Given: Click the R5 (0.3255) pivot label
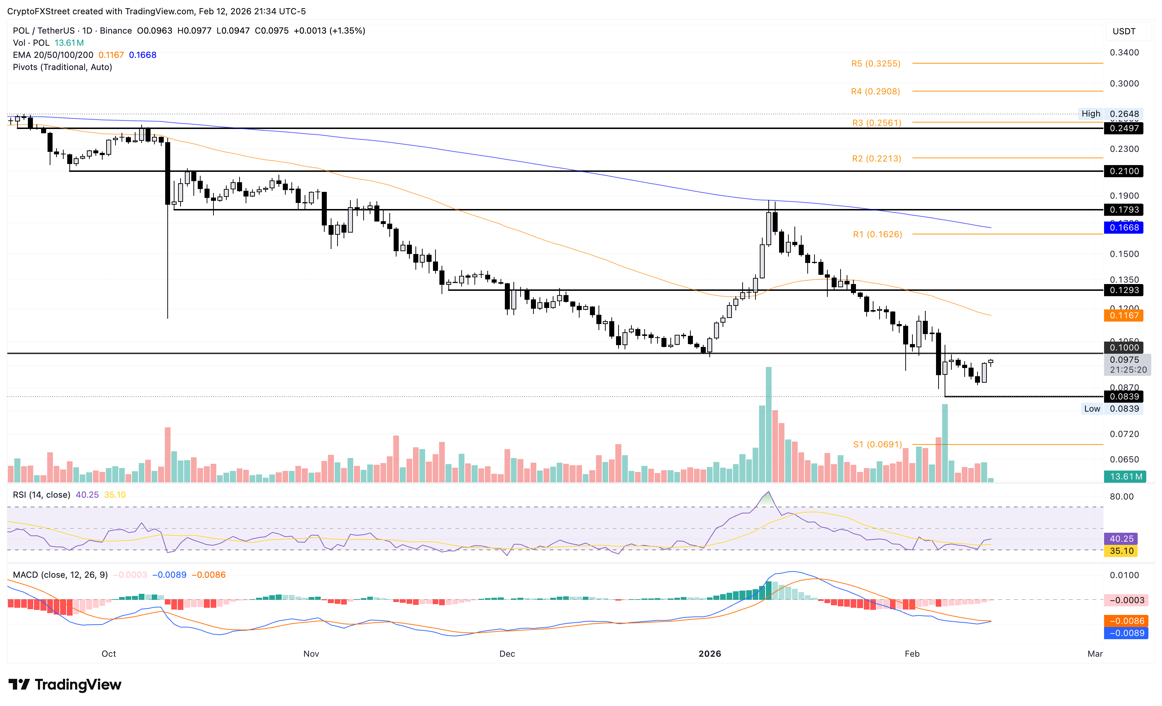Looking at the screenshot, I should coord(875,64).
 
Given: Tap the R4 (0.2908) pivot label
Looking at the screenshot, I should coord(875,91).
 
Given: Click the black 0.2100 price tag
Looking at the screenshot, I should coord(1123,171).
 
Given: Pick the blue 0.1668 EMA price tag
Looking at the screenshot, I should coord(1123,228).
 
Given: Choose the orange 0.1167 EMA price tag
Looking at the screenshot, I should coord(1123,315).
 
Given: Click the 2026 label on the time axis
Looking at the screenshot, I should coord(709,654).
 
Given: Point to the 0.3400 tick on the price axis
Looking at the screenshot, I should coord(1124,52).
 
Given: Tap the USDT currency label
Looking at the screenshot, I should coord(1124,31).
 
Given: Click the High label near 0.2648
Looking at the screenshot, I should coord(1090,114).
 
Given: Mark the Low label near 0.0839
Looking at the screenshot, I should coord(1092,409).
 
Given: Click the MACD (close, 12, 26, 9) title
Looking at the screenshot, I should coord(60,575).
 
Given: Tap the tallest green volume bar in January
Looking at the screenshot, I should coord(769,424).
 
